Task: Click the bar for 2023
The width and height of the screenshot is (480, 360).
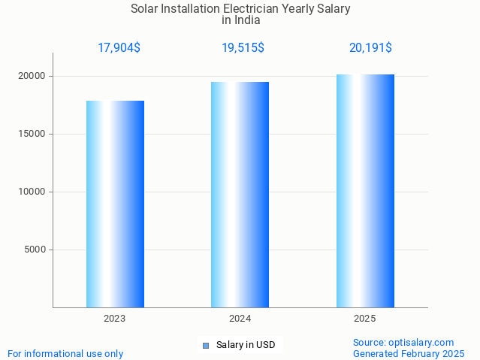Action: coord(115,204)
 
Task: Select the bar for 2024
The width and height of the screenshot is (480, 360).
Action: coord(240,195)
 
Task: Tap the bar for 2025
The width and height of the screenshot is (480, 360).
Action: coord(365,191)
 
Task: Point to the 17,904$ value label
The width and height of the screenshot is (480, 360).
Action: coord(119,48)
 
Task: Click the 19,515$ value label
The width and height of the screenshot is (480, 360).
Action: coord(243,48)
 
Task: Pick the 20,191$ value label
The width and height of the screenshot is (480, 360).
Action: coord(370,48)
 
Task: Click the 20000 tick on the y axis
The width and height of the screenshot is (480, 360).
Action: coord(32,76)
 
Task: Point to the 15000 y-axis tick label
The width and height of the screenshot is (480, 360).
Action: coord(32,134)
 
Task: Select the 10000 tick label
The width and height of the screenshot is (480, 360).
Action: coord(32,192)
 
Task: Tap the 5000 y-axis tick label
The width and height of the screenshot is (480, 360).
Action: coord(35,250)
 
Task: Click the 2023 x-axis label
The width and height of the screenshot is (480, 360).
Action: coord(115,319)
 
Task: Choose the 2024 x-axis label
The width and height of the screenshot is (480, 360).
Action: coord(240,319)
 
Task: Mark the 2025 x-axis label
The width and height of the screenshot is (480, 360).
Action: coord(365,319)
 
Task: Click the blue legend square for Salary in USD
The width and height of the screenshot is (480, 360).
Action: coord(205,346)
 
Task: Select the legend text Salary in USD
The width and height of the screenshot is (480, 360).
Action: coord(246,346)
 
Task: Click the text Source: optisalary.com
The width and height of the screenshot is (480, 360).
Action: coord(403,343)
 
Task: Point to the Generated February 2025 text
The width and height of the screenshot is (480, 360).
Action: coord(409,354)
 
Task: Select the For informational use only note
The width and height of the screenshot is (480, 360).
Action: coord(65,354)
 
